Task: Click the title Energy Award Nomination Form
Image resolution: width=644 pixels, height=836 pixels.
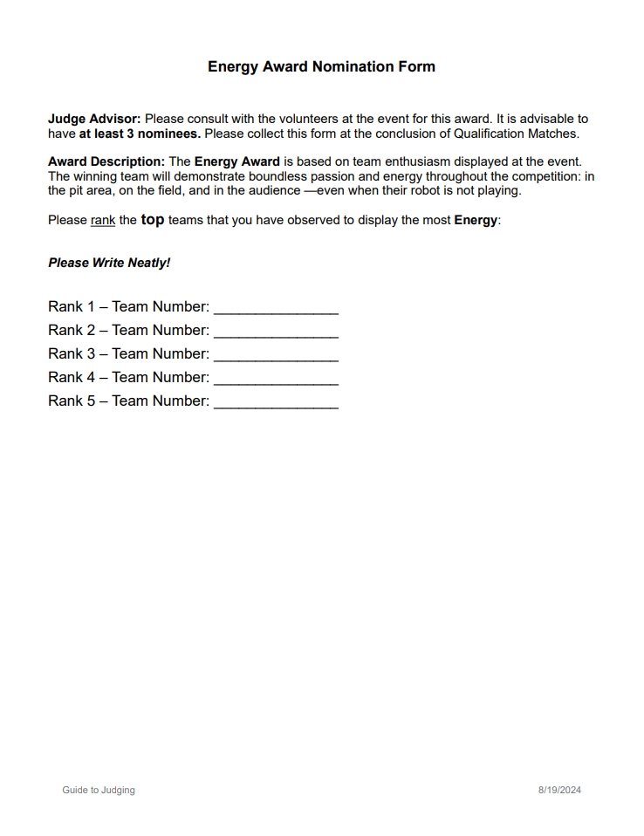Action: point(321,66)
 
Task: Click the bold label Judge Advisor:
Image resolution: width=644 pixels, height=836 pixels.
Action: point(94,119)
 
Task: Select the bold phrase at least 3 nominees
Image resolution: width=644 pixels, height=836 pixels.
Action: point(140,134)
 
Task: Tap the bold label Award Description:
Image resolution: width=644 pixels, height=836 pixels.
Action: point(106,161)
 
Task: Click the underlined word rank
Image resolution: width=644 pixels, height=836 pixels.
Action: point(103,220)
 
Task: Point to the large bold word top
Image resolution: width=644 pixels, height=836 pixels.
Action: point(153,220)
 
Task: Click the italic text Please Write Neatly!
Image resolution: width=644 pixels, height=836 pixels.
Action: point(109,263)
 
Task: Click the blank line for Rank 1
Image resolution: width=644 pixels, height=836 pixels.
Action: point(276,308)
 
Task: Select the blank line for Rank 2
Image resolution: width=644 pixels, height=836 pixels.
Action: point(276,332)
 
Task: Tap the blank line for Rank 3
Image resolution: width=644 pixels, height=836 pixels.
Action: point(276,355)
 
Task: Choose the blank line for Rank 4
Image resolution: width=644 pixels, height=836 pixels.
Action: point(276,379)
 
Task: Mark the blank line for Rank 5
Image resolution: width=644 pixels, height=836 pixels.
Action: point(276,402)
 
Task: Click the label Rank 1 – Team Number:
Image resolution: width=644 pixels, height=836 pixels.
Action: point(129,306)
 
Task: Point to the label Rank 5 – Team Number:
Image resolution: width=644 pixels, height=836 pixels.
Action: point(129,401)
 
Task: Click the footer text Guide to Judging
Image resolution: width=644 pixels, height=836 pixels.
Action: point(99,790)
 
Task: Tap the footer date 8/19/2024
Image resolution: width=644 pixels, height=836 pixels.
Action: point(559,790)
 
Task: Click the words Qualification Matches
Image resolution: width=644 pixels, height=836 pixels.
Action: point(516,134)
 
